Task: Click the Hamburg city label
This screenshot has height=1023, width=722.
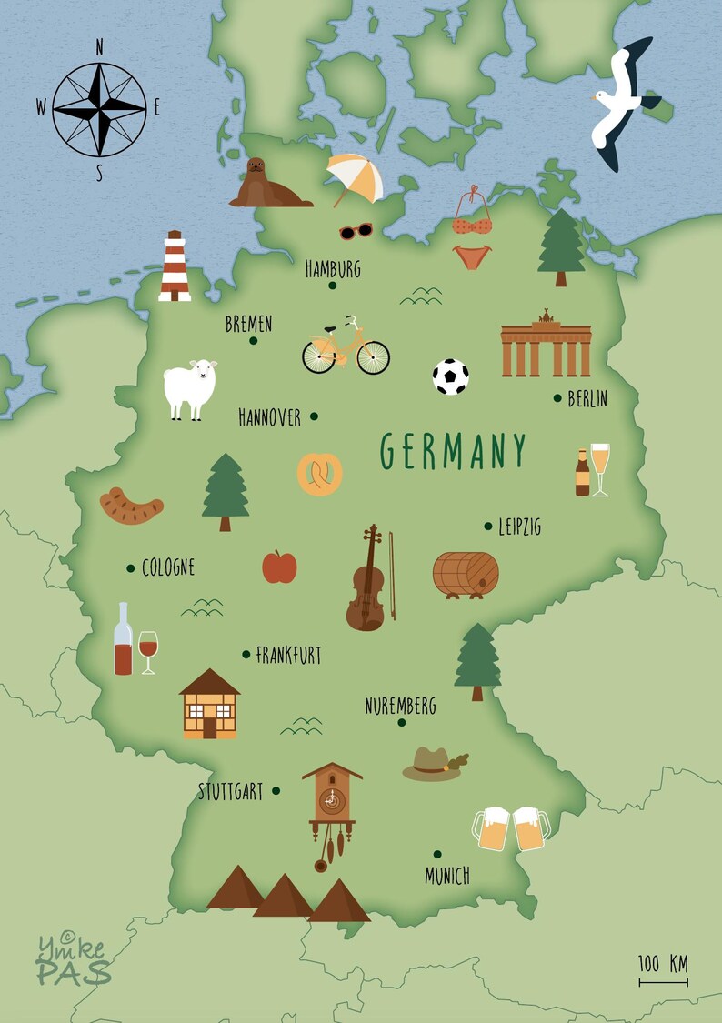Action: [x=333, y=268]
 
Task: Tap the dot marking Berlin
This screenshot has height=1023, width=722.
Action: [x=557, y=397]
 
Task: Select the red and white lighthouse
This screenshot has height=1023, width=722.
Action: [x=175, y=266]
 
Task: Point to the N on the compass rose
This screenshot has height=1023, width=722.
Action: [x=99, y=48]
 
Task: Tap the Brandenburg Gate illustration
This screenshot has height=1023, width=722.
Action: [x=546, y=346]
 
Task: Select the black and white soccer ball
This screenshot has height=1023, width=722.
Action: [x=451, y=376]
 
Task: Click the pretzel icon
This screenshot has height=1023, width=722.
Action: [x=320, y=474]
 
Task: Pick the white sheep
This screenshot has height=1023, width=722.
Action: [x=190, y=388]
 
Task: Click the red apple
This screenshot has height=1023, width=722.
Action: [x=279, y=567]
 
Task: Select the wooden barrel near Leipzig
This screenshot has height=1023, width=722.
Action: [x=466, y=574]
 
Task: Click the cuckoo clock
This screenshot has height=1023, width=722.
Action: [x=331, y=805]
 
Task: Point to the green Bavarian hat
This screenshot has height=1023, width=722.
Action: [x=434, y=764]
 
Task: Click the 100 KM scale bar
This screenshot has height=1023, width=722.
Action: [x=663, y=980]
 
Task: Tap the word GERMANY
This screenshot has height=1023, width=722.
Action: [x=453, y=452]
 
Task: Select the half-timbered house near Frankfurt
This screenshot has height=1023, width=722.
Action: [x=210, y=705]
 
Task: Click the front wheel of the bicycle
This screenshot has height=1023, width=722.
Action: [x=373, y=357]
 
